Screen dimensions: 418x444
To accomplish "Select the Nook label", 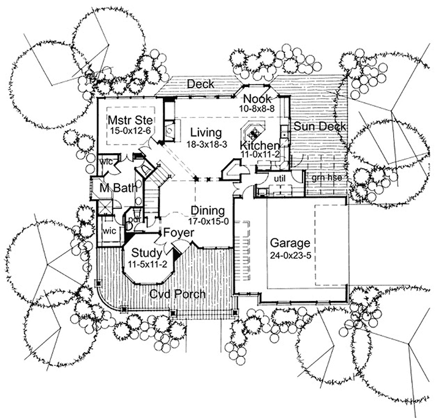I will [x=255, y=99].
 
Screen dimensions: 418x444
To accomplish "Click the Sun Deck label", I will [x=317, y=126].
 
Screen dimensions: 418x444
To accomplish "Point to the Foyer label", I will [x=178, y=234].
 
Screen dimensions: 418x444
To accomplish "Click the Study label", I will [x=146, y=253].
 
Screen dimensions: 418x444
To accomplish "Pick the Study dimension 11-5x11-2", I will [x=147, y=264].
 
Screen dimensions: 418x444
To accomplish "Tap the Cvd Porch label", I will [x=178, y=294].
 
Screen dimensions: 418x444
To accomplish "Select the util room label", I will [x=279, y=178].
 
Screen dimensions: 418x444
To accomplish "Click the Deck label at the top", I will [x=200, y=84].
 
